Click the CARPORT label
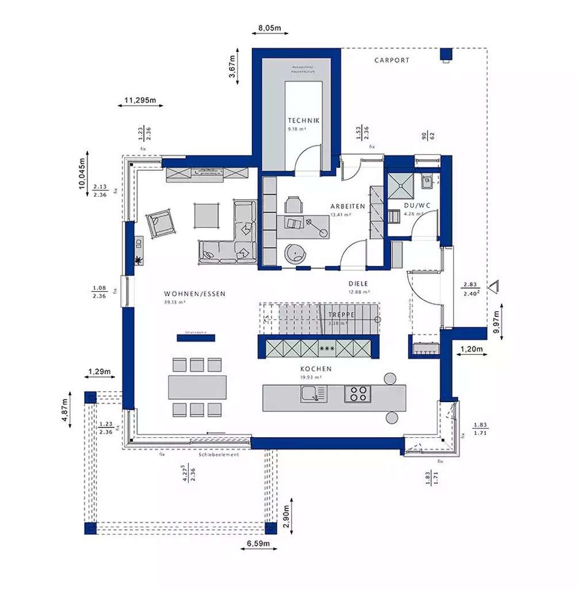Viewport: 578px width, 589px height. pyautogui.click(x=392, y=60)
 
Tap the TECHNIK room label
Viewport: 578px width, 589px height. pyautogui.click(x=304, y=120)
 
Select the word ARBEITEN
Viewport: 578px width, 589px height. pyautogui.click(x=348, y=206)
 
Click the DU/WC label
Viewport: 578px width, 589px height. pyautogui.click(x=417, y=205)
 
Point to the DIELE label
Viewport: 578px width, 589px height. pyautogui.click(x=358, y=284)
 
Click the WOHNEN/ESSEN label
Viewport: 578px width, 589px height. pyautogui.click(x=194, y=293)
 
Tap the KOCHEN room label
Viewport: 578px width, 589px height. pyautogui.click(x=316, y=369)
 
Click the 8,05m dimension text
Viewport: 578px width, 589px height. pyautogui.click(x=269, y=27)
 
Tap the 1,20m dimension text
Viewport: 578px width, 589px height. pyautogui.click(x=470, y=349)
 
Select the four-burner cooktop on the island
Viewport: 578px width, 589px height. pyautogui.click(x=358, y=394)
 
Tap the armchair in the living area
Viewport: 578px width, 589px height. pyautogui.click(x=162, y=223)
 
